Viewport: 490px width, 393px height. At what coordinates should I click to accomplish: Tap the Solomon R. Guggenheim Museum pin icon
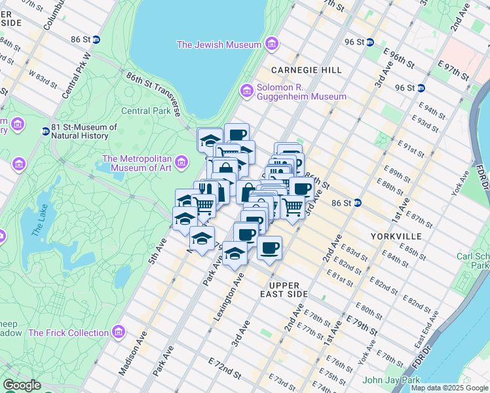pyautogui.click(x=247, y=90)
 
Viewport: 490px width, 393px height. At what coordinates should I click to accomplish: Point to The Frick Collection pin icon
pyautogui.click(x=118, y=332)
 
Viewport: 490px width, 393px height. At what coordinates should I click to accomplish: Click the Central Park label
pyautogui.click(x=145, y=111)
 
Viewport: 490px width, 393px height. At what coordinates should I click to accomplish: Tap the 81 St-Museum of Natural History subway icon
pyautogui.click(x=46, y=131)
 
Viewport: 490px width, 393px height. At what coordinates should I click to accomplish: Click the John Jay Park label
pyautogui.click(x=391, y=380)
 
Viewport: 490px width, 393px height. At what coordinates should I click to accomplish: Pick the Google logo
pyautogui.click(x=22, y=385)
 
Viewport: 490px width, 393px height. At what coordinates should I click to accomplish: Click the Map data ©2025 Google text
pyautogui.click(x=449, y=388)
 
